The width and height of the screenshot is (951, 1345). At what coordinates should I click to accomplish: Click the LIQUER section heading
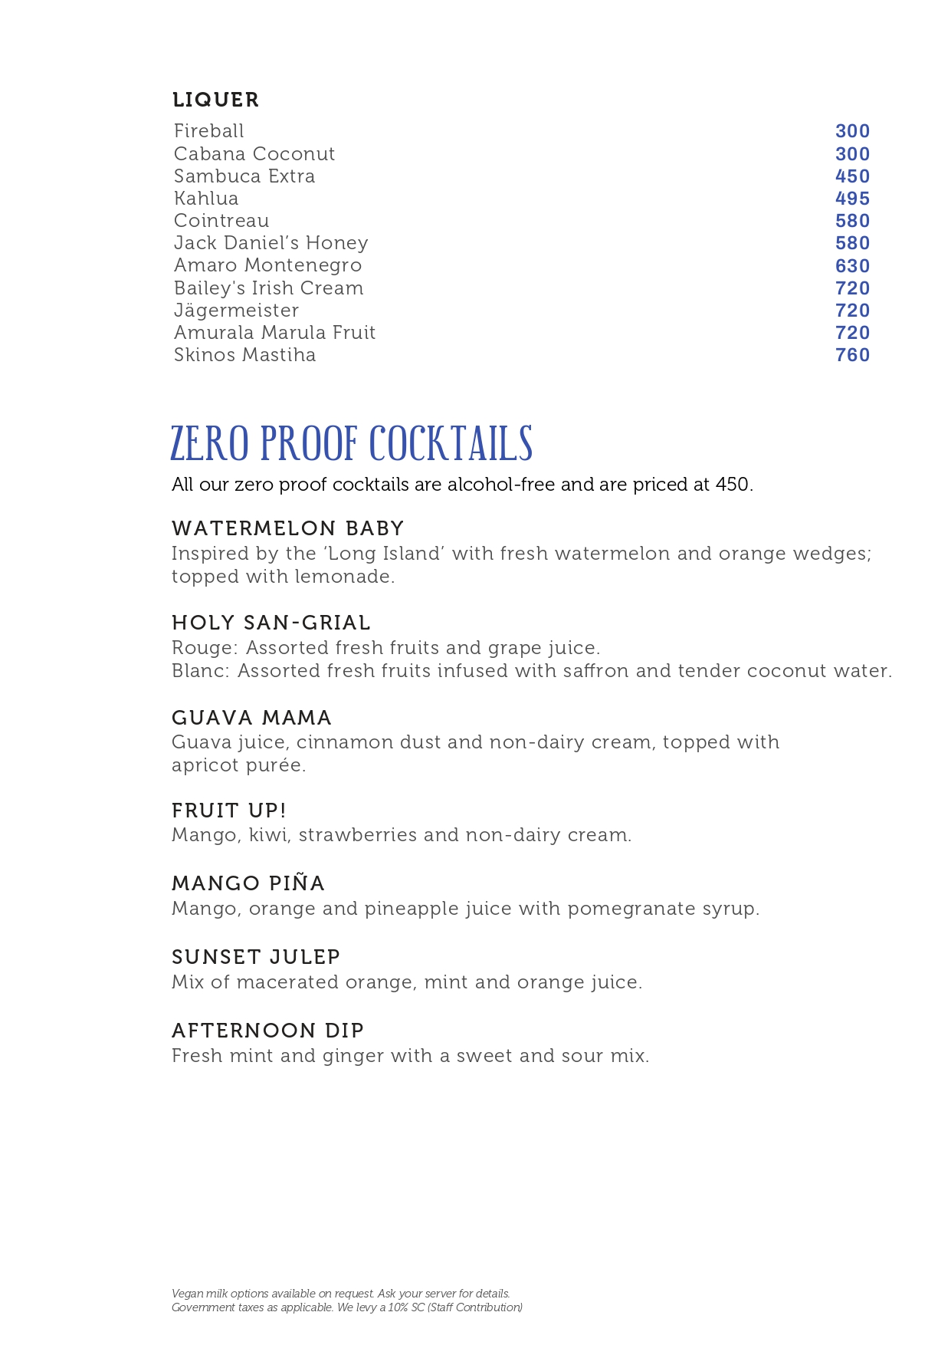click(x=215, y=100)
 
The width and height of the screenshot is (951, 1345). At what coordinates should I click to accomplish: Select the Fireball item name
click(x=208, y=131)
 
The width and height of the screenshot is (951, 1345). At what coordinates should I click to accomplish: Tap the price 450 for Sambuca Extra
click(x=852, y=176)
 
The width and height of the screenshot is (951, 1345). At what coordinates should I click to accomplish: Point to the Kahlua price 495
click(x=852, y=199)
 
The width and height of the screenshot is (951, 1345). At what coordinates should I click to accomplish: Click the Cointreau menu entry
click(x=221, y=221)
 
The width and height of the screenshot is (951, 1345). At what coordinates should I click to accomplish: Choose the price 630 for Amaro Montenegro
click(x=852, y=266)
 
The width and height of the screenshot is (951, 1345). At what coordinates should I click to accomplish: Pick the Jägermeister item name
click(x=236, y=311)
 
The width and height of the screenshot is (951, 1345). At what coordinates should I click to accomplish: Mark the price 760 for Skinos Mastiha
click(x=852, y=355)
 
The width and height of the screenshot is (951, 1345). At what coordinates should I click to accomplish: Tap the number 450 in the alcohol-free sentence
click(x=733, y=485)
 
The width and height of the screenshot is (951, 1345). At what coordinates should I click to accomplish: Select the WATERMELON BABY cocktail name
click(x=287, y=528)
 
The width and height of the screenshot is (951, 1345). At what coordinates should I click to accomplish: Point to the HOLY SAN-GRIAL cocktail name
click(x=271, y=623)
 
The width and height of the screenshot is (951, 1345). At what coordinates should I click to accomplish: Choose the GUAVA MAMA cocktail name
click(x=251, y=718)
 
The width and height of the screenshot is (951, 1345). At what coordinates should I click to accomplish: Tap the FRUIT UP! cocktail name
click(x=228, y=811)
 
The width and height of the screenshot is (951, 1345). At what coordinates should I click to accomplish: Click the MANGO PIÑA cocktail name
click(x=248, y=883)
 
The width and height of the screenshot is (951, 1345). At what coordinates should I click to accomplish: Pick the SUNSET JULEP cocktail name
click(x=256, y=957)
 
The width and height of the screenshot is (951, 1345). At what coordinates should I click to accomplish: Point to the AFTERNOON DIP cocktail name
click(x=267, y=1031)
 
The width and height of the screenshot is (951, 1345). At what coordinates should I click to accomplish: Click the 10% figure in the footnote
click(x=397, y=1307)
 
